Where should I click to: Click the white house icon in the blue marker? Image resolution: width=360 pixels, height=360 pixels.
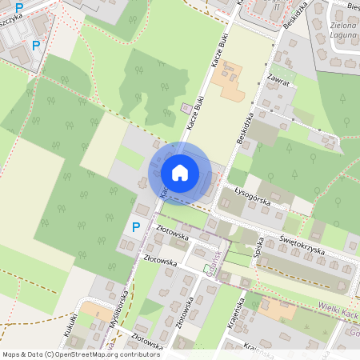(180, 172)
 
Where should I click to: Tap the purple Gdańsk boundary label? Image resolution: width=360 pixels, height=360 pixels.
(215, 262)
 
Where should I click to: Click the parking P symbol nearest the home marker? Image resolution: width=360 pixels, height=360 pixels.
(135, 227)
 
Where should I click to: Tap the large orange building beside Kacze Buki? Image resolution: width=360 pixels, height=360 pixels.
(233, 82)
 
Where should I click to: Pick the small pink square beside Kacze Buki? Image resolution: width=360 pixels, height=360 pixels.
(186, 108)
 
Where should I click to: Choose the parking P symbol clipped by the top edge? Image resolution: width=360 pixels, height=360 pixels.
(19, 7)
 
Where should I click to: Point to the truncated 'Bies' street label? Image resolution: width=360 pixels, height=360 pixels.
(353, 6)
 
